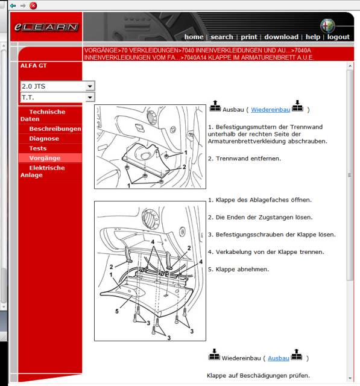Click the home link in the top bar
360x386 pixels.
pos(194,37)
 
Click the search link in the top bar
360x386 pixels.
pos(222,37)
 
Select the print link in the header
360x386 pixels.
pos(249,37)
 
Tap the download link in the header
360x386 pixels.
pos(281,37)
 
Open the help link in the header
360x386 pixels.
pos(312,37)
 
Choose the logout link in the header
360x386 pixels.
pos(338,37)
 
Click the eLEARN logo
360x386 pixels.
pos(46,27)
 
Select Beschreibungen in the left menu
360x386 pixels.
pos(55,129)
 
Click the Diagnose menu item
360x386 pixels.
pos(44,139)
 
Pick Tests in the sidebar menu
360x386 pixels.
pos(37,148)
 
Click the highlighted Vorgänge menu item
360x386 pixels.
pos(45,158)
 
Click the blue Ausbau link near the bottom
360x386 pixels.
pos(279,358)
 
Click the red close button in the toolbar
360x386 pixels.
pos(33,5)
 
